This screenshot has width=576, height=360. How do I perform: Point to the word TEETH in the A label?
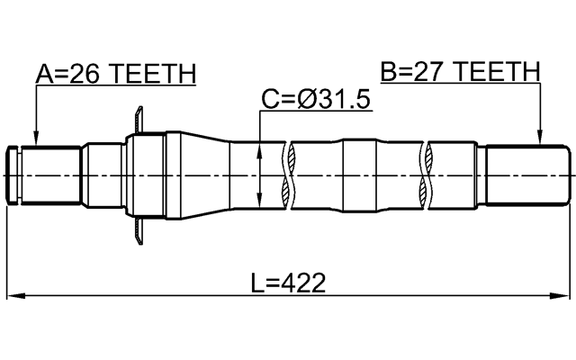click(x=153, y=74)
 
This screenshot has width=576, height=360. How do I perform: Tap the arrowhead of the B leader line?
click(x=540, y=140)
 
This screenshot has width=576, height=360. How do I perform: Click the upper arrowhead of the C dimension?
click(x=259, y=146)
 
